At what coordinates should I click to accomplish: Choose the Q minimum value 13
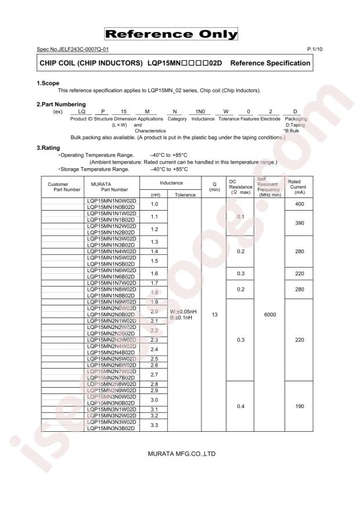click(214, 315)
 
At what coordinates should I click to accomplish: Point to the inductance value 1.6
click(154, 273)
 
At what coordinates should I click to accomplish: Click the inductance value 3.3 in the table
click(154, 425)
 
